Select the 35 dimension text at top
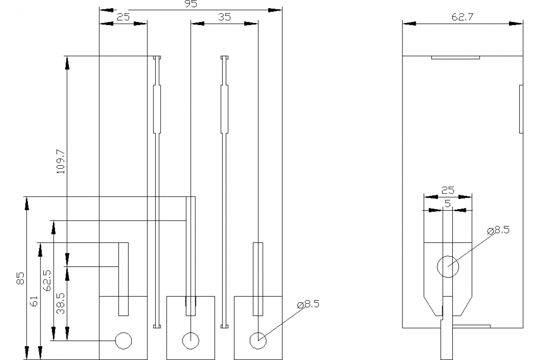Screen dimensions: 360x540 pyautogui.click(x=224, y=17)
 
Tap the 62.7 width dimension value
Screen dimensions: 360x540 pyautogui.click(x=462, y=17)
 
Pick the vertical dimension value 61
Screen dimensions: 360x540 pyautogui.click(x=34, y=301)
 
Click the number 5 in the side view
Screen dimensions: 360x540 pyautogui.click(x=447, y=204)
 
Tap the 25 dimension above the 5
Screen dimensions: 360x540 pyautogui.click(x=448, y=191)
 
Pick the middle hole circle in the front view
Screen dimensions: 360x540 pyautogui.click(x=191, y=341)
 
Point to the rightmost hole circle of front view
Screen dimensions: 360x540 pyautogui.click(x=258, y=341)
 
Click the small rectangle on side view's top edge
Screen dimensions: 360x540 pyautogui.click(x=455, y=57)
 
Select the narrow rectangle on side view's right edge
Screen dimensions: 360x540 pyautogui.click(x=521, y=109)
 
